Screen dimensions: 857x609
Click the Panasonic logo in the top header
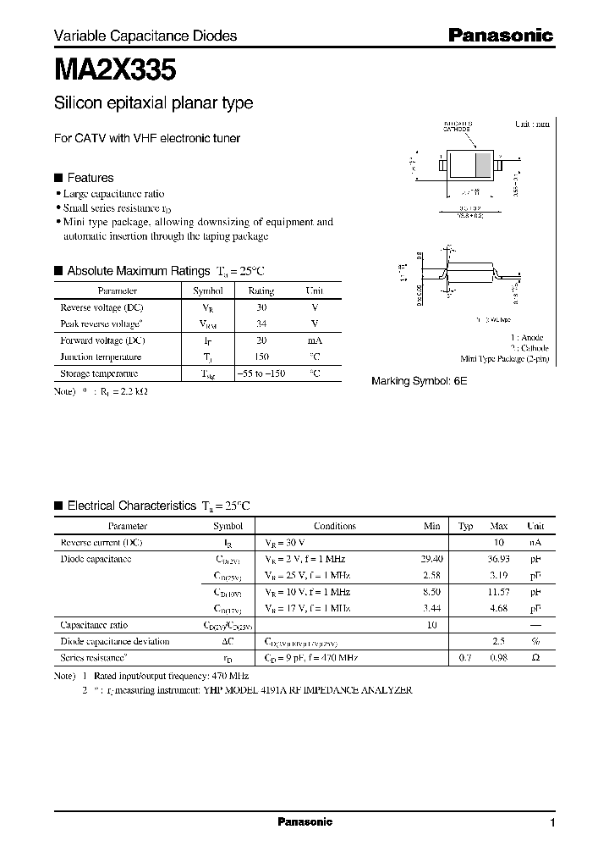point(500,36)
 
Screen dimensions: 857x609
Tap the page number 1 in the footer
point(552,823)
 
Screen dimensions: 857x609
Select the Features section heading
point(90,178)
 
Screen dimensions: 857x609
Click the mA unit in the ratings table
point(314,340)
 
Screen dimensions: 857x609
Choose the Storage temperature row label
point(99,373)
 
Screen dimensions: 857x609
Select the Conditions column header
point(334,526)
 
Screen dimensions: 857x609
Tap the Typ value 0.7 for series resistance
point(464,658)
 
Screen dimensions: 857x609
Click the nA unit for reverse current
point(535,542)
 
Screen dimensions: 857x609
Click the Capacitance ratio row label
point(95,625)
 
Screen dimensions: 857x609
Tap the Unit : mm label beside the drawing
point(532,124)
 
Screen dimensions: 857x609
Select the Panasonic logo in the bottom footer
point(304,822)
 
